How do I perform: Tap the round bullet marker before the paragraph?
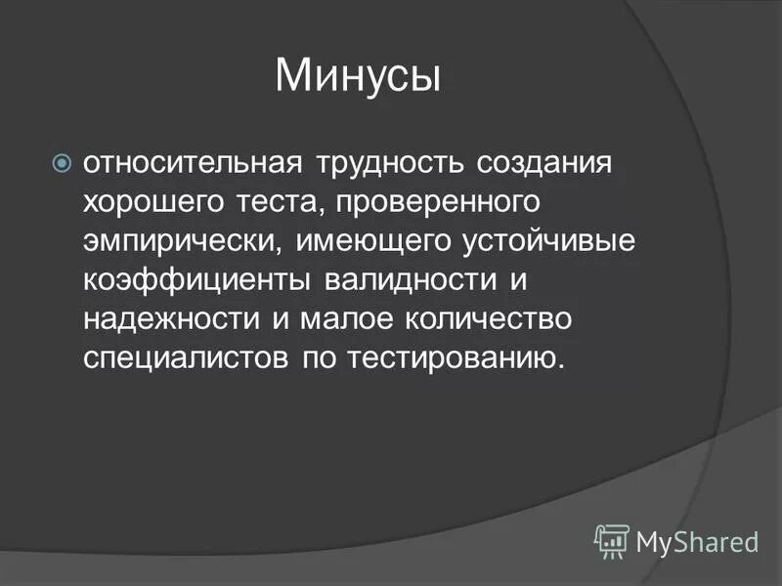click(61, 162)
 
